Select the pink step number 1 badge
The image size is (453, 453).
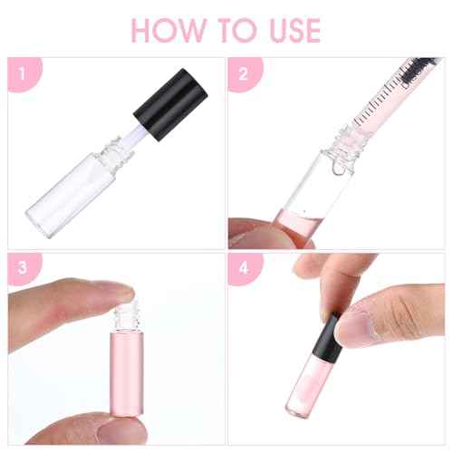[x=21, y=72]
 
